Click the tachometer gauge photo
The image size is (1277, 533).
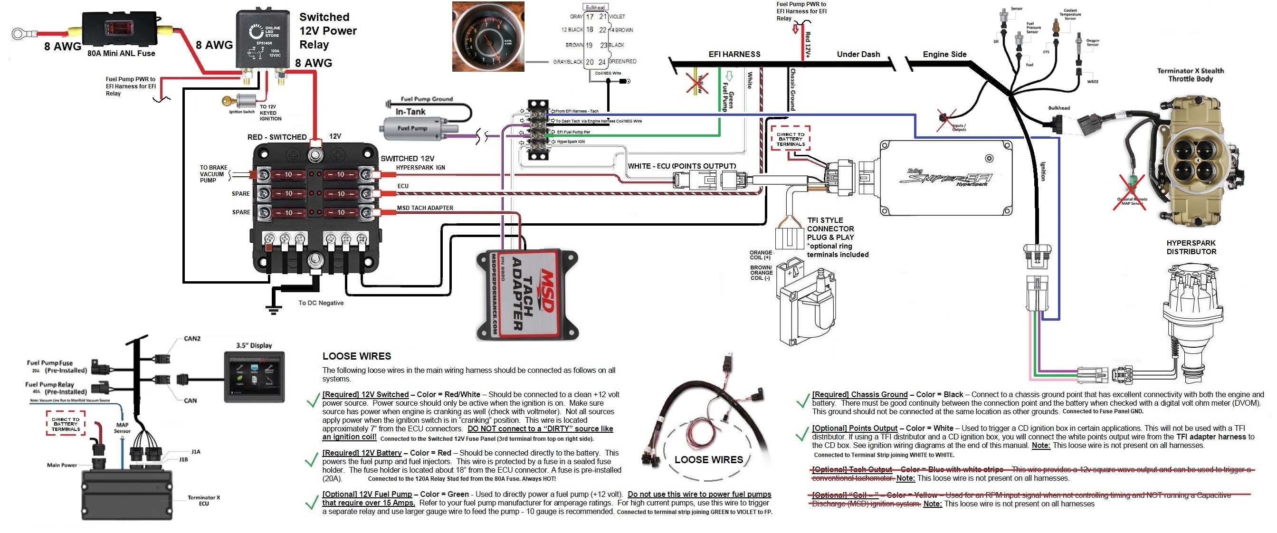tap(488, 37)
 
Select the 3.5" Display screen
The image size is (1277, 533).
tap(254, 376)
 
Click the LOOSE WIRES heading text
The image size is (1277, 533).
tap(356, 356)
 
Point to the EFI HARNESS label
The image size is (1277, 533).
tap(734, 54)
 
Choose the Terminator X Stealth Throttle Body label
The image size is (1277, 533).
tap(1190, 75)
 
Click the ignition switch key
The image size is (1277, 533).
tap(229, 101)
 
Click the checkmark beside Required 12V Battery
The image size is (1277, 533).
tap(311, 461)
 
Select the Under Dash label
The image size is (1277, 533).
tap(858, 54)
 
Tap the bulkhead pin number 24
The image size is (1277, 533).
tap(602, 62)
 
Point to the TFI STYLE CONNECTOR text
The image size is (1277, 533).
tap(830, 225)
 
